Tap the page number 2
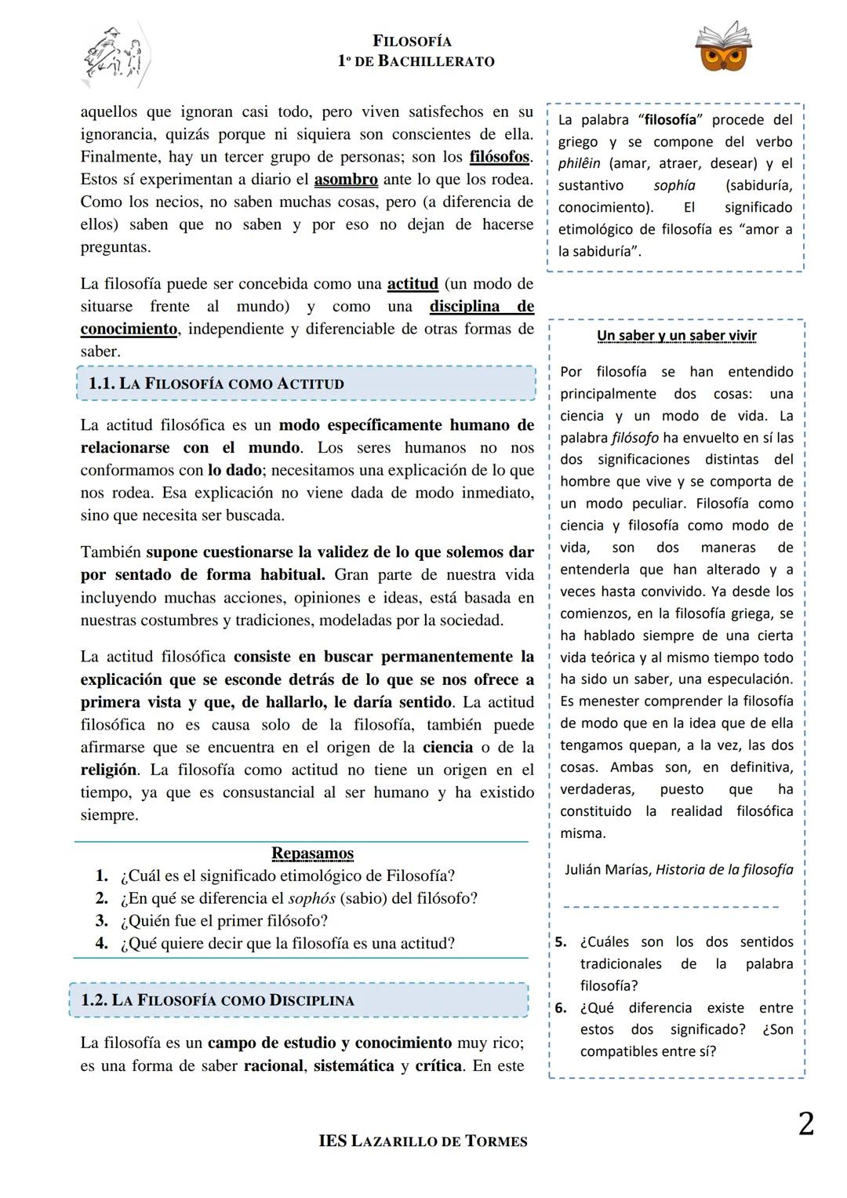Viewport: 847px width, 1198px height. tap(805, 1124)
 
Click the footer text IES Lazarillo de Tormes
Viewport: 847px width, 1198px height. tap(423, 1142)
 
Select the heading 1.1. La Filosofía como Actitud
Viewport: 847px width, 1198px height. tap(216, 384)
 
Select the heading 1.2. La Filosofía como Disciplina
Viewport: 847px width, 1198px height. tap(217, 1000)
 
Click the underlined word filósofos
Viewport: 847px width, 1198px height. tap(500, 157)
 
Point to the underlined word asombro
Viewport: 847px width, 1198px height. tap(346, 180)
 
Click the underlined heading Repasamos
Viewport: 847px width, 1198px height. tap(312, 853)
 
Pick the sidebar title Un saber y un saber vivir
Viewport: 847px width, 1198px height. tap(676, 336)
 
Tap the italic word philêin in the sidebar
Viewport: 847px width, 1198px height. tap(579, 164)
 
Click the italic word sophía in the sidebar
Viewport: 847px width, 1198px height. tap(674, 186)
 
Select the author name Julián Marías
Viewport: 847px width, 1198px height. tap(607, 869)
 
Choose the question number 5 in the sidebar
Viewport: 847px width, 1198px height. tap(560, 942)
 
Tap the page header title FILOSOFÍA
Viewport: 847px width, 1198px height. tap(413, 41)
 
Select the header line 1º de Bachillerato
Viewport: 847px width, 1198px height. tap(416, 61)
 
